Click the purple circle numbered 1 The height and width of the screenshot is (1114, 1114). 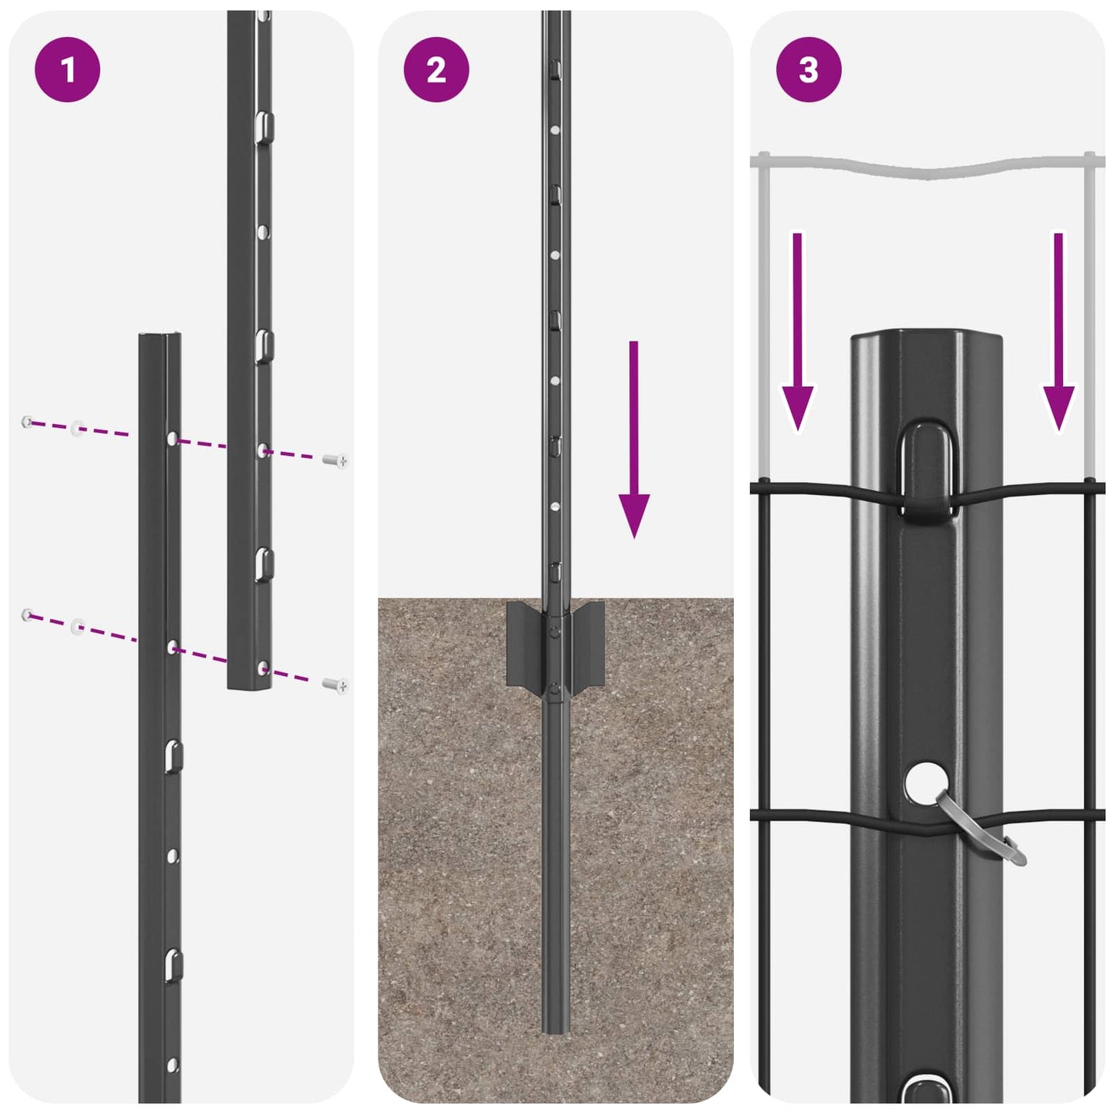(68, 70)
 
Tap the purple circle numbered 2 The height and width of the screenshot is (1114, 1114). (436, 70)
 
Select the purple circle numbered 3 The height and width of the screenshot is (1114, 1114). (808, 70)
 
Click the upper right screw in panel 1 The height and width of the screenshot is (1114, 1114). (335, 461)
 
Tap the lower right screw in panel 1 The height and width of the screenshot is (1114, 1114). (335, 685)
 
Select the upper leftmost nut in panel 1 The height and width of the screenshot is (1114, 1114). (28, 422)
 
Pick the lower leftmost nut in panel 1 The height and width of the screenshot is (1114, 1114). (28, 614)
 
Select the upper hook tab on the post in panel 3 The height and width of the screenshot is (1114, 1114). (925, 470)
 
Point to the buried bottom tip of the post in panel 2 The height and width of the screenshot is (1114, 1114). (556, 1025)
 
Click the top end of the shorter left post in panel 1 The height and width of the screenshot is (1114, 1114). (160, 338)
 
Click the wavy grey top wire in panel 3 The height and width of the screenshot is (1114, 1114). (925, 167)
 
